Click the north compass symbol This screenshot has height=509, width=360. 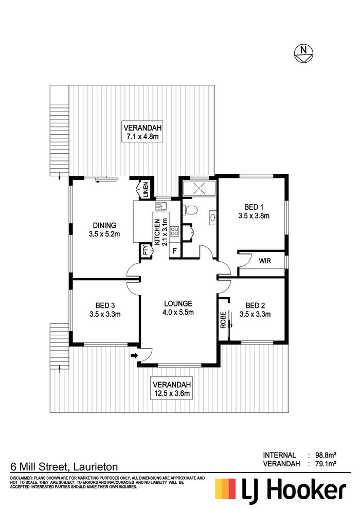303,53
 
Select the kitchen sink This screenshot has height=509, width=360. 160,206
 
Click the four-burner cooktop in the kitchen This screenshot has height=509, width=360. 175,231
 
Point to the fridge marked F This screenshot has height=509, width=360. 175,251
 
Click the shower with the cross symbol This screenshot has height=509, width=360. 199,188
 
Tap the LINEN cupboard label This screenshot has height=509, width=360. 146,190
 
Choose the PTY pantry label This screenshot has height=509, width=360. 146,250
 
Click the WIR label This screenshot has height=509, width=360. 265,261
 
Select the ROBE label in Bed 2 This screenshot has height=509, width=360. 223,320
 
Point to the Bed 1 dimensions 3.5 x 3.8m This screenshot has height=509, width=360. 254,215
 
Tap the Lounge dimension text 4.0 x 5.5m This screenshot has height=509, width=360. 178,312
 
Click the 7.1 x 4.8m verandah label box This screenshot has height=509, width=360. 142,132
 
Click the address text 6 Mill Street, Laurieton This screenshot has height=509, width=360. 64,467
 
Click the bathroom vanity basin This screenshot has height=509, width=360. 212,217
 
